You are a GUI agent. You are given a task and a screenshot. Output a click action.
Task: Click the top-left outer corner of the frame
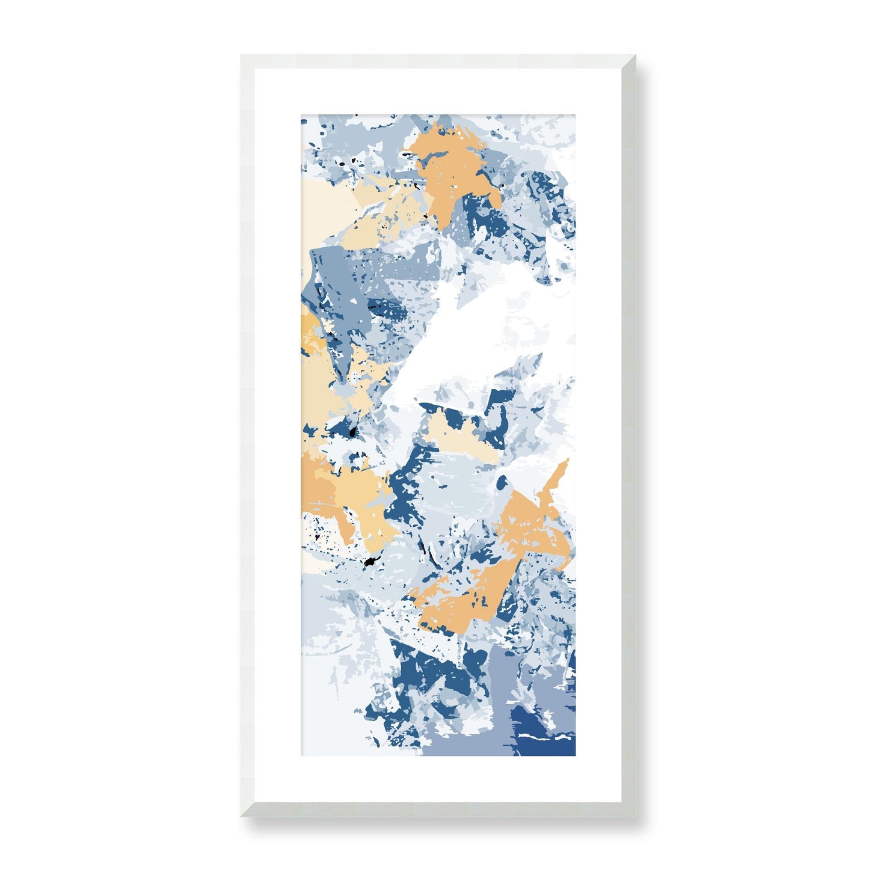pos(241,55)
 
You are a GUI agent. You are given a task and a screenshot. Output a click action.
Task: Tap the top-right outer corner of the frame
pos(636,55)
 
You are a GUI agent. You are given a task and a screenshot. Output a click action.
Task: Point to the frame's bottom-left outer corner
pos(241,817)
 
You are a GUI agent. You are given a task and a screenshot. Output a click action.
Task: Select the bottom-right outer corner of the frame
pos(636,817)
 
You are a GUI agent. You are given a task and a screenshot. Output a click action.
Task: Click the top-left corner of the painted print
pos(301,114)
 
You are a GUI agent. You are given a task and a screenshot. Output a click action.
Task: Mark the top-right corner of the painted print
pos(576,114)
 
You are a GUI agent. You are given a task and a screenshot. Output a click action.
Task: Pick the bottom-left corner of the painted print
pos(301,756)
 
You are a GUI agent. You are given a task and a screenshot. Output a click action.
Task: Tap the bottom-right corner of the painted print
pos(576,756)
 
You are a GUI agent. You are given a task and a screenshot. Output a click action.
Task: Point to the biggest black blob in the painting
pos(369,562)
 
